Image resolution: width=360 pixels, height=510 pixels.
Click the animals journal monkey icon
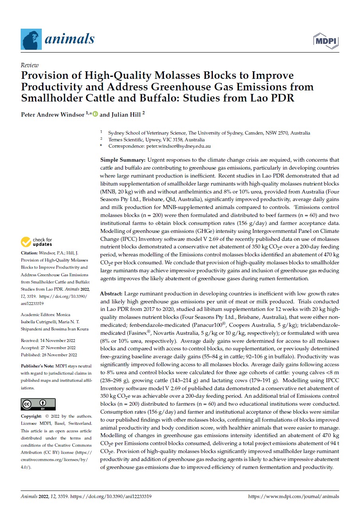click(x=31, y=39)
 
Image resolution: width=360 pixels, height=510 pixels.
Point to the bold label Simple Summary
click(x=123, y=160)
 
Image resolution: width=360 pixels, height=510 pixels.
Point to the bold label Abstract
click(x=111, y=293)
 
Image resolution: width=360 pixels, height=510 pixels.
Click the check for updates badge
click(x=37, y=242)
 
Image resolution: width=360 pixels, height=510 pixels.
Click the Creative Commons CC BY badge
click(x=38, y=404)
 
